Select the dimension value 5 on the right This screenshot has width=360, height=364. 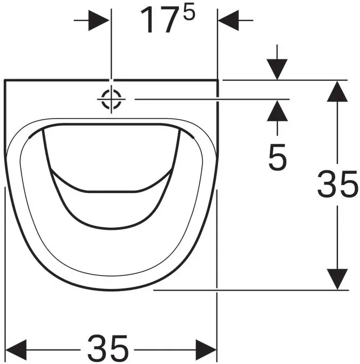click(x=277, y=157)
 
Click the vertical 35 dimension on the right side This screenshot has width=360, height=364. click(x=337, y=184)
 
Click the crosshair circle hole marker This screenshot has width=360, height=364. click(x=111, y=99)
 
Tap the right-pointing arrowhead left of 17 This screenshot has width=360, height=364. click(x=99, y=20)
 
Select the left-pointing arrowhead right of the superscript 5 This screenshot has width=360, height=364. click(x=228, y=20)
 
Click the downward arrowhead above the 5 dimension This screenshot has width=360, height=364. click(x=277, y=70)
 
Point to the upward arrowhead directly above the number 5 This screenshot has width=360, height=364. click(x=277, y=111)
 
